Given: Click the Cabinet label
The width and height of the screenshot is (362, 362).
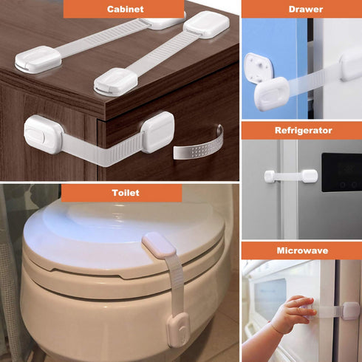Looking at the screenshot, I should pyautogui.click(x=124, y=10).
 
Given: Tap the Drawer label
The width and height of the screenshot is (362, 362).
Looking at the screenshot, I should pyautogui.click(x=301, y=10).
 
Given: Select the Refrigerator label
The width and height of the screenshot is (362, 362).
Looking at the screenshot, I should pyautogui.click(x=303, y=131).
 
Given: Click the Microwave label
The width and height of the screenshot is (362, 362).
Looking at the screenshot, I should pyautogui.click(x=301, y=251).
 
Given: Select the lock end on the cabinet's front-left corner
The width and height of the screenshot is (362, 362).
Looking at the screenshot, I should pyautogui.click(x=44, y=133).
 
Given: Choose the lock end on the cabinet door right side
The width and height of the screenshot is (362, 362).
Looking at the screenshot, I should pyautogui.click(x=157, y=132).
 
